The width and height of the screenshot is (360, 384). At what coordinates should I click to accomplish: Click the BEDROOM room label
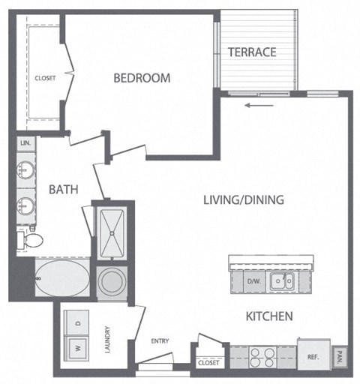click(142, 77)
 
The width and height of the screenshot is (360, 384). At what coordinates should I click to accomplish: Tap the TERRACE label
click(253, 52)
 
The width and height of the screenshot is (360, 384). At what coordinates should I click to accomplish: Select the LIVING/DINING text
click(243, 199)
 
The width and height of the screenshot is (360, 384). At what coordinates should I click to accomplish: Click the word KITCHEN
click(269, 316)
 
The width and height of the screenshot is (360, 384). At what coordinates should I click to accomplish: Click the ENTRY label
click(160, 340)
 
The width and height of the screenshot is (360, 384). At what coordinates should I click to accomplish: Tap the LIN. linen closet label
click(25, 142)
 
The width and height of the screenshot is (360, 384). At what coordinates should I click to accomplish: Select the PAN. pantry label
click(340, 356)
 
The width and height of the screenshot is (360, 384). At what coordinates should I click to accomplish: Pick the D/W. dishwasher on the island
click(253, 281)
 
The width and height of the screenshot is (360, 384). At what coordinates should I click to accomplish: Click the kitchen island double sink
click(282, 281)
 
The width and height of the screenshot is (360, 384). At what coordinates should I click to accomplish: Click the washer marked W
click(77, 348)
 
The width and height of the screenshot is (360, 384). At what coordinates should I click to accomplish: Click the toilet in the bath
click(31, 239)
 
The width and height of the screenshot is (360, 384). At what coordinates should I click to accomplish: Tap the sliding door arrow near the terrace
click(257, 105)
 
